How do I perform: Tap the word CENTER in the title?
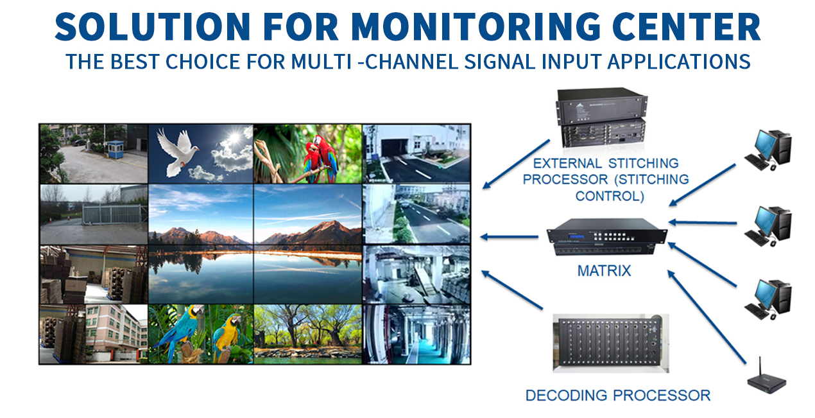click(686, 26)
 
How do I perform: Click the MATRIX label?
click(605, 271)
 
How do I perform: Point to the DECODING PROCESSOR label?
click(618, 396)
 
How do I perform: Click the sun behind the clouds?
click(235, 138)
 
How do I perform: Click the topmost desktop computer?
click(768, 150)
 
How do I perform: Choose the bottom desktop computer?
click(768, 300)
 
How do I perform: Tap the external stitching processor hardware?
click(602, 118)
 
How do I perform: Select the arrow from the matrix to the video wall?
click(509, 237)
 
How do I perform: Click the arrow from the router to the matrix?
click(707, 317)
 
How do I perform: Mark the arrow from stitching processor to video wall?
click(516, 164)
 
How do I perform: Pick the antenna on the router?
click(760, 369)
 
